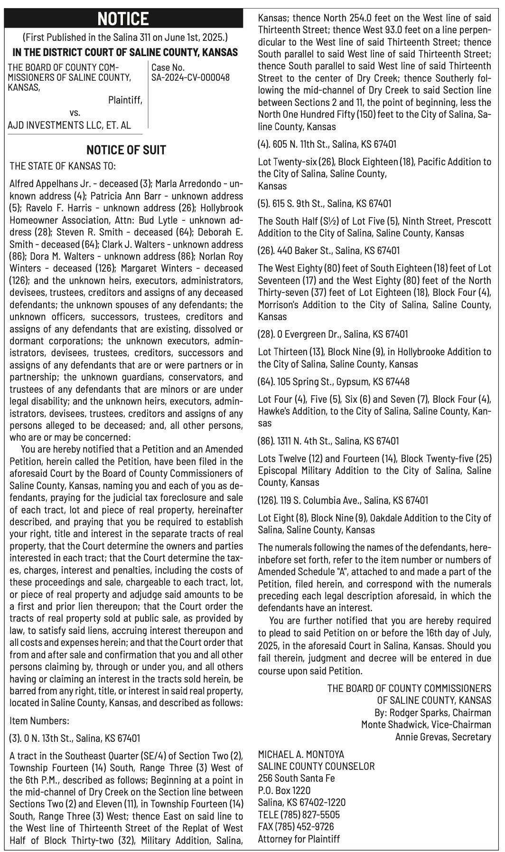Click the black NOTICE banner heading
123,19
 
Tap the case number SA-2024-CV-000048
190,77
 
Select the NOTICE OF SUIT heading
126,150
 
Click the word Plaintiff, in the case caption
125,100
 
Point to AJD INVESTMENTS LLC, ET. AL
69,125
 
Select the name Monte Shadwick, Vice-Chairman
426,724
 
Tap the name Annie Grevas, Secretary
443,737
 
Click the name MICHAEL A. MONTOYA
301,754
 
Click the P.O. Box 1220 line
284,790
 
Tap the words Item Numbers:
39,720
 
